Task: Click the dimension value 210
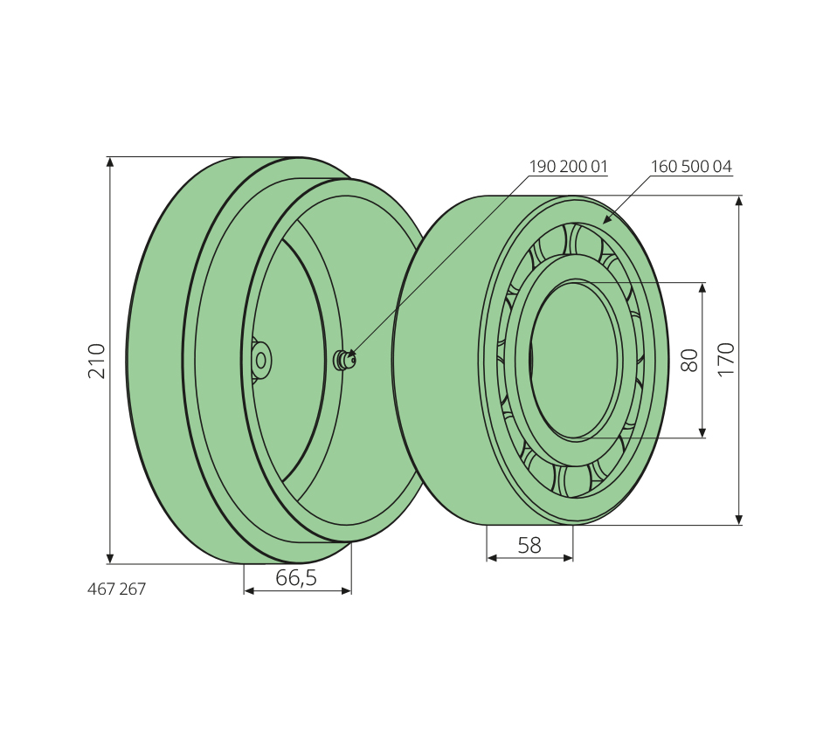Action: coord(97,361)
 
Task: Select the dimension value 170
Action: coord(726,360)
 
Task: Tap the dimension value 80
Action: coord(689,361)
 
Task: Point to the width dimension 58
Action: coord(529,545)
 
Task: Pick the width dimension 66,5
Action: coord(296,578)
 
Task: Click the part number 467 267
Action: coord(116,589)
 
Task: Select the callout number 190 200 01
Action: coord(568,167)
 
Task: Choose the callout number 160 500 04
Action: coord(691,167)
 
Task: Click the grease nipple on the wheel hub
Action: coord(344,361)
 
